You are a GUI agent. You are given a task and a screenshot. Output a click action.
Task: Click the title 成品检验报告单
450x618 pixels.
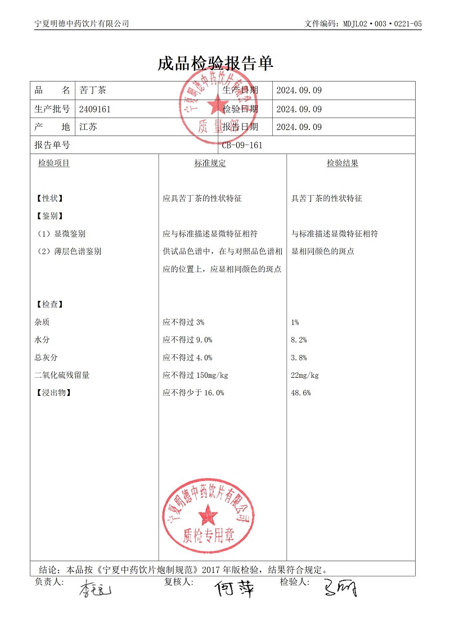pos(215,64)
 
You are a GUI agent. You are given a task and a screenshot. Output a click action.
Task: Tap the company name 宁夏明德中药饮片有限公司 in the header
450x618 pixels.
pos(82,24)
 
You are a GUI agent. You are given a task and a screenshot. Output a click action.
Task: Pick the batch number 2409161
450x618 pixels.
pos(95,109)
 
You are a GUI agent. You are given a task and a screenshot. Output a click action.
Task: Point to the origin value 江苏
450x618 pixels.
pos(88,127)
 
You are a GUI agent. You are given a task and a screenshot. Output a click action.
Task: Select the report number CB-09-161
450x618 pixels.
pos(242,145)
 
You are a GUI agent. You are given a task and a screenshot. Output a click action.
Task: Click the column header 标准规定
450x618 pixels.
pos(210,163)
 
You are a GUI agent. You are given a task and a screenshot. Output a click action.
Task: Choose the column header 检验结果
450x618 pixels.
pos(342,163)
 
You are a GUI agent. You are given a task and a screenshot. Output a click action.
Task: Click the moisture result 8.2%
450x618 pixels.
pos(299,340)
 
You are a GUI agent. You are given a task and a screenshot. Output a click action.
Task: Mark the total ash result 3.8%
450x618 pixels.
pos(299,358)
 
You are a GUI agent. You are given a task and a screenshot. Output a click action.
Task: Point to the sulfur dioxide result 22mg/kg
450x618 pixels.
pos(305,375)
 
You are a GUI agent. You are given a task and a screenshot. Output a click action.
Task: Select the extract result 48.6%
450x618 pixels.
pos(301,393)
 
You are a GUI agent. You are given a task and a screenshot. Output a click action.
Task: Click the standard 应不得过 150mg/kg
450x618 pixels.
pos(195,375)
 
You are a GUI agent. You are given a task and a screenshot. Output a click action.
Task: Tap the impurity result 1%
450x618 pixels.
pos(295,322)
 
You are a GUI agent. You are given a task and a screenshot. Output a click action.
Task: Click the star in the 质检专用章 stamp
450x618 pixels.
pos(208,513)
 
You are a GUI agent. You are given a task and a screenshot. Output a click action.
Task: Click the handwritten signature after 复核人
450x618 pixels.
pos(233,589)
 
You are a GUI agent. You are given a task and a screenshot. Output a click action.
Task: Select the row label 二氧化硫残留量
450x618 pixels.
pos(62,375)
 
